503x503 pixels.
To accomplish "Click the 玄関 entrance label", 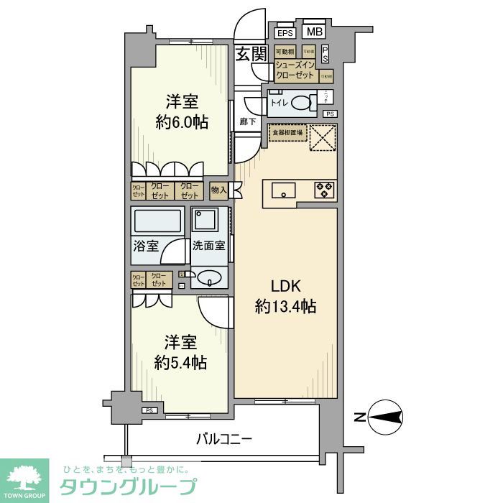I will tap(251, 53).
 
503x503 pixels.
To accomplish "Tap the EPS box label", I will tap(285, 33).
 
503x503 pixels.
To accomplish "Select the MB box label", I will tap(314, 32).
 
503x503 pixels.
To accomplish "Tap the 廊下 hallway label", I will tap(248, 122).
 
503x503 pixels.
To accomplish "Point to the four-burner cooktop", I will tap(324, 190).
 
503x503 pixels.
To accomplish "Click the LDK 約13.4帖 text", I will tap(285, 295).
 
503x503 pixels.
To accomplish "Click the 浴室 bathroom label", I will tap(146, 246).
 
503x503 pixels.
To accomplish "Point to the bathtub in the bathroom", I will tap(158, 221).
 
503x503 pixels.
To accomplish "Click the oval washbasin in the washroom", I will tap(209, 277).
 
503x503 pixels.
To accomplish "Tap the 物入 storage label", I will tap(218, 190).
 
